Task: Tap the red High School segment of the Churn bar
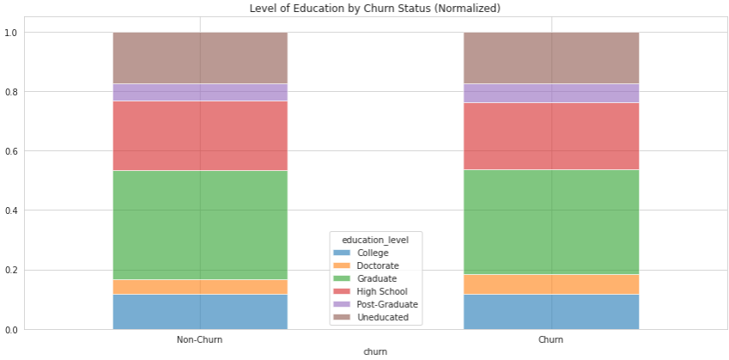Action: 550,136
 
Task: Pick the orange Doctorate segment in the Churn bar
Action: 550,284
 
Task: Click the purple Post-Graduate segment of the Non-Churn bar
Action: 199,92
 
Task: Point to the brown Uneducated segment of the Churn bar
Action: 550,58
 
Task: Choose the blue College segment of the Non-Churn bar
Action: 199,311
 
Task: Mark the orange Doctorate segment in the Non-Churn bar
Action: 199,287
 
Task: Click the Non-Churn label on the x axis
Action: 199,340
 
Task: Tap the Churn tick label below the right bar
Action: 550,340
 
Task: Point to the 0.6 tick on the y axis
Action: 11,151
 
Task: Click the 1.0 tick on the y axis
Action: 11,33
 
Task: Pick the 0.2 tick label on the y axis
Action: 11,270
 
